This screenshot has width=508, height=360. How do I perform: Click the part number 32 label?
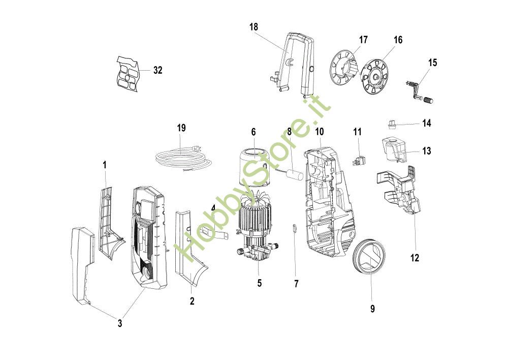(x=158, y=70)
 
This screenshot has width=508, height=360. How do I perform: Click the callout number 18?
(x=253, y=26)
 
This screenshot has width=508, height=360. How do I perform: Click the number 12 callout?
(x=415, y=258)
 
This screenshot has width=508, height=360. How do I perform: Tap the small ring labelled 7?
(x=295, y=228)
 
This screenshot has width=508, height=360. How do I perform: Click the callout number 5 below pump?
(x=260, y=283)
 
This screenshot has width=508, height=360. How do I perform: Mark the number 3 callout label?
(x=120, y=323)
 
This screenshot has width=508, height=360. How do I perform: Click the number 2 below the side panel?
(x=192, y=301)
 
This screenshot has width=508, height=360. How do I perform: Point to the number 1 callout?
(x=105, y=165)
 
